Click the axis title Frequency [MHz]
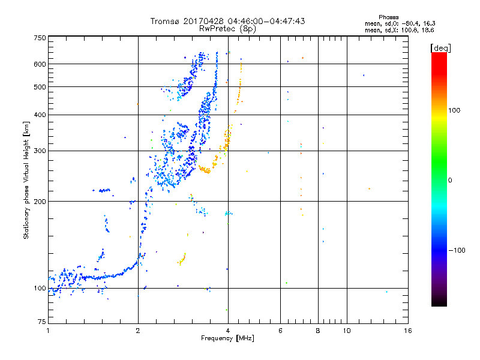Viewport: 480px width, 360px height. (x=227, y=339)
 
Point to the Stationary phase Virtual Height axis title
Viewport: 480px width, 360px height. (x=26, y=180)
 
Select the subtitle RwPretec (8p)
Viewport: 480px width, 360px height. (x=227, y=28)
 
